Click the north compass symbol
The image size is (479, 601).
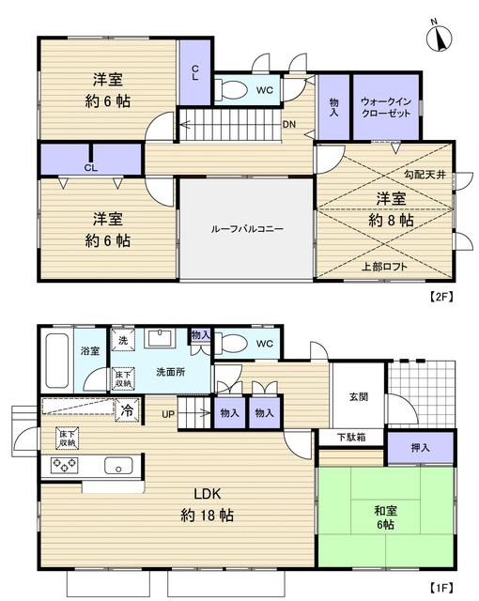439,37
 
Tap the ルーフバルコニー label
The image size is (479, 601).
246,228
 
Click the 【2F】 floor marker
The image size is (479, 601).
441,298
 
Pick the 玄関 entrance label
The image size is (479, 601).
357,397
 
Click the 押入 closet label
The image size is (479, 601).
420,447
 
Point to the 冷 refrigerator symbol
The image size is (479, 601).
124,409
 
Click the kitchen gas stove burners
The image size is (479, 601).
63,465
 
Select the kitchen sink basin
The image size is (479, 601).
119,465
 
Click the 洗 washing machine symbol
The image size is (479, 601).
121,341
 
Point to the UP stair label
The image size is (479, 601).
167,413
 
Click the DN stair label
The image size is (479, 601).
290,122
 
